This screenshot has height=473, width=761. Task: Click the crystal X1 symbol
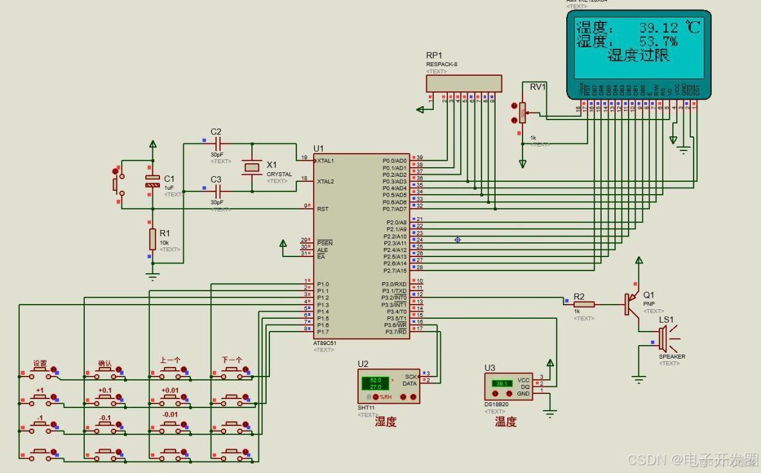(251, 168)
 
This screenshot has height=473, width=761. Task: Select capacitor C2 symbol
(217, 143)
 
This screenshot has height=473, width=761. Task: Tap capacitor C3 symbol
(217, 191)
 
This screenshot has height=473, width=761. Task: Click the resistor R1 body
(152, 238)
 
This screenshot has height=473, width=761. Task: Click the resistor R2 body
(584, 304)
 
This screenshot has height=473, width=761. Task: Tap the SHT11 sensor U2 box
(388, 386)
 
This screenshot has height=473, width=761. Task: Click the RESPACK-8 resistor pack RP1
(464, 83)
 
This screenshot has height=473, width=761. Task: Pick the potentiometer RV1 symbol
(523, 113)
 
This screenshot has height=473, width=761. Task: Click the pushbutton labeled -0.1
(105, 426)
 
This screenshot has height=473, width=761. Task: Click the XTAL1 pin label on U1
(326, 161)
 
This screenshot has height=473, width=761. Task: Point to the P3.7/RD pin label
(395, 332)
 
